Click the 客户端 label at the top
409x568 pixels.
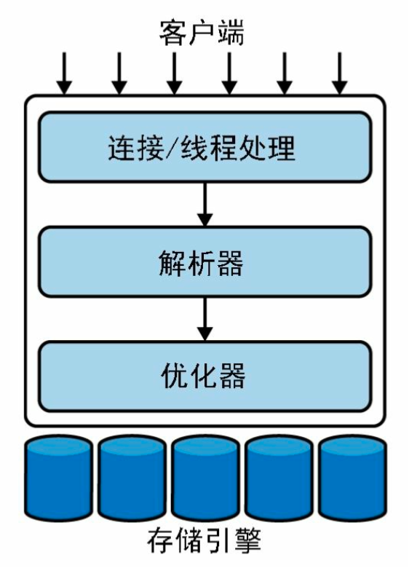pos(202,33)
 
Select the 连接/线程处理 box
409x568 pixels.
pos(204,146)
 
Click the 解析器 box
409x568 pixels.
pos(204,261)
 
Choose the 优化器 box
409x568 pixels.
pos(204,376)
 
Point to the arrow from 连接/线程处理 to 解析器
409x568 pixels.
pos(204,205)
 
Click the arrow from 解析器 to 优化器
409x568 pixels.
pos(204,319)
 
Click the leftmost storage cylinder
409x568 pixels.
pos(59,478)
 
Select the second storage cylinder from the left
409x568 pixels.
pos(132,478)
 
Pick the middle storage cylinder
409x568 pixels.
pos(205,478)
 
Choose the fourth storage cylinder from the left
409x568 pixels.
pos(279,478)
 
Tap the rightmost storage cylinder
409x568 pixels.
pos(352,478)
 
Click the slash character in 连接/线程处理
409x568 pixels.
pos(173,148)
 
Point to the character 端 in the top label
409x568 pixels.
pos(231,33)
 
